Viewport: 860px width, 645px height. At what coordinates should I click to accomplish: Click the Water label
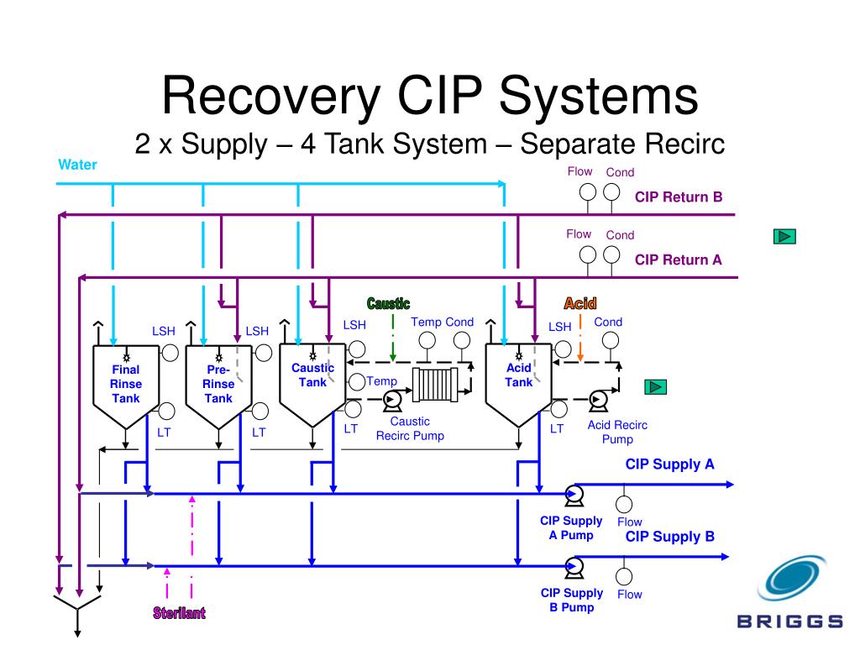pyautogui.click(x=77, y=165)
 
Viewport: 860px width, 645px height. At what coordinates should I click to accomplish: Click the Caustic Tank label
pyautogui.click(x=312, y=375)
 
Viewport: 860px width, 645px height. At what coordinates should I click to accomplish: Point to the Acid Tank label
pyautogui.click(x=519, y=375)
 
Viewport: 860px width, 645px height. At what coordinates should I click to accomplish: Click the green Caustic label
pyautogui.click(x=388, y=303)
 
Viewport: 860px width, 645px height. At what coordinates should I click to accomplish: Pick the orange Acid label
pyautogui.click(x=580, y=303)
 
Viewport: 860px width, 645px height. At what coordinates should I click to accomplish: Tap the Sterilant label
pyautogui.click(x=180, y=612)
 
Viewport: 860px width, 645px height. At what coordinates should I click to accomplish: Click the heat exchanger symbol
pyautogui.click(x=436, y=385)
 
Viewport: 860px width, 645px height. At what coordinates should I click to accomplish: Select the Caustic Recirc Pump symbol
pyautogui.click(x=391, y=401)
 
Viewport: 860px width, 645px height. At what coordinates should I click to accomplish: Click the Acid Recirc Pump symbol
pyautogui.click(x=598, y=401)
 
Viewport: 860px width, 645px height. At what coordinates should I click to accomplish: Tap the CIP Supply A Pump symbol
pyautogui.click(x=574, y=495)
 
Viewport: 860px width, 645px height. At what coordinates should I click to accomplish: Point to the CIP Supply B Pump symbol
pyautogui.click(x=574, y=567)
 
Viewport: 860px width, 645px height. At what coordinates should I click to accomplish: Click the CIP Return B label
pyautogui.click(x=679, y=197)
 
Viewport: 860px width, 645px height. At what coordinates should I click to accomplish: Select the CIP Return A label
pyautogui.click(x=679, y=260)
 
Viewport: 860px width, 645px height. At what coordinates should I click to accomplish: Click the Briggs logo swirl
pyautogui.click(x=792, y=578)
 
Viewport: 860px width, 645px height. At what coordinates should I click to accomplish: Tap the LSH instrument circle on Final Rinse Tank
pyautogui.click(x=170, y=354)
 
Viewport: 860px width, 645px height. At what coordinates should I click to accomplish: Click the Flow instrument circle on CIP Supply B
pyautogui.click(x=624, y=576)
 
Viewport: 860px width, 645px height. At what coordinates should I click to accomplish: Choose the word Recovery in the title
pyautogui.click(x=271, y=96)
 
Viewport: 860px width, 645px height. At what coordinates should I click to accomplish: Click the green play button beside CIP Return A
pyautogui.click(x=784, y=236)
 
